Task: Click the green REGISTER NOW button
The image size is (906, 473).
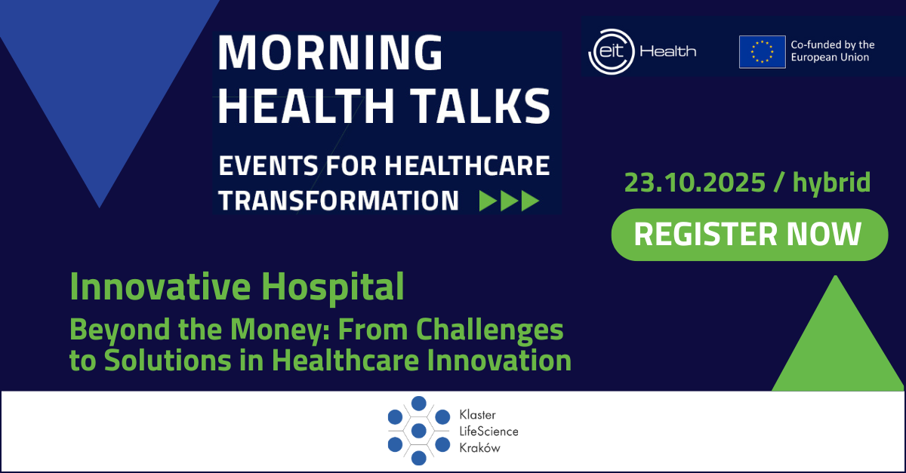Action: point(750,235)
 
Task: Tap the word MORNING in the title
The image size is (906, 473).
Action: point(330,53)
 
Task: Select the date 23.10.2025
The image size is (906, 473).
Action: point(695,183)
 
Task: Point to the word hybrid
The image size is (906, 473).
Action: point(831,183)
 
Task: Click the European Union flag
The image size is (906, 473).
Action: point(762,52)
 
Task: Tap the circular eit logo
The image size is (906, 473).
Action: point(611,52)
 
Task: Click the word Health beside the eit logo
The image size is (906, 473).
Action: point(667,51)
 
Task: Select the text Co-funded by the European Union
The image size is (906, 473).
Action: point(832,51)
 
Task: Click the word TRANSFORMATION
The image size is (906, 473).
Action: point(338,201)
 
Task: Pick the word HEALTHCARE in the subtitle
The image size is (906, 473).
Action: point(467,165)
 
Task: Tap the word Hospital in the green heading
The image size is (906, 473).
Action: point(332,287)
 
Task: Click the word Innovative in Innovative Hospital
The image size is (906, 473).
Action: point(160,286)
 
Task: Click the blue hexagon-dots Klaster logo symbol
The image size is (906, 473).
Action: point(418,431)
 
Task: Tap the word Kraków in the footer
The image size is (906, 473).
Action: point(479,448)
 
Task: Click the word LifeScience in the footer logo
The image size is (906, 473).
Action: point(488,432)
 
